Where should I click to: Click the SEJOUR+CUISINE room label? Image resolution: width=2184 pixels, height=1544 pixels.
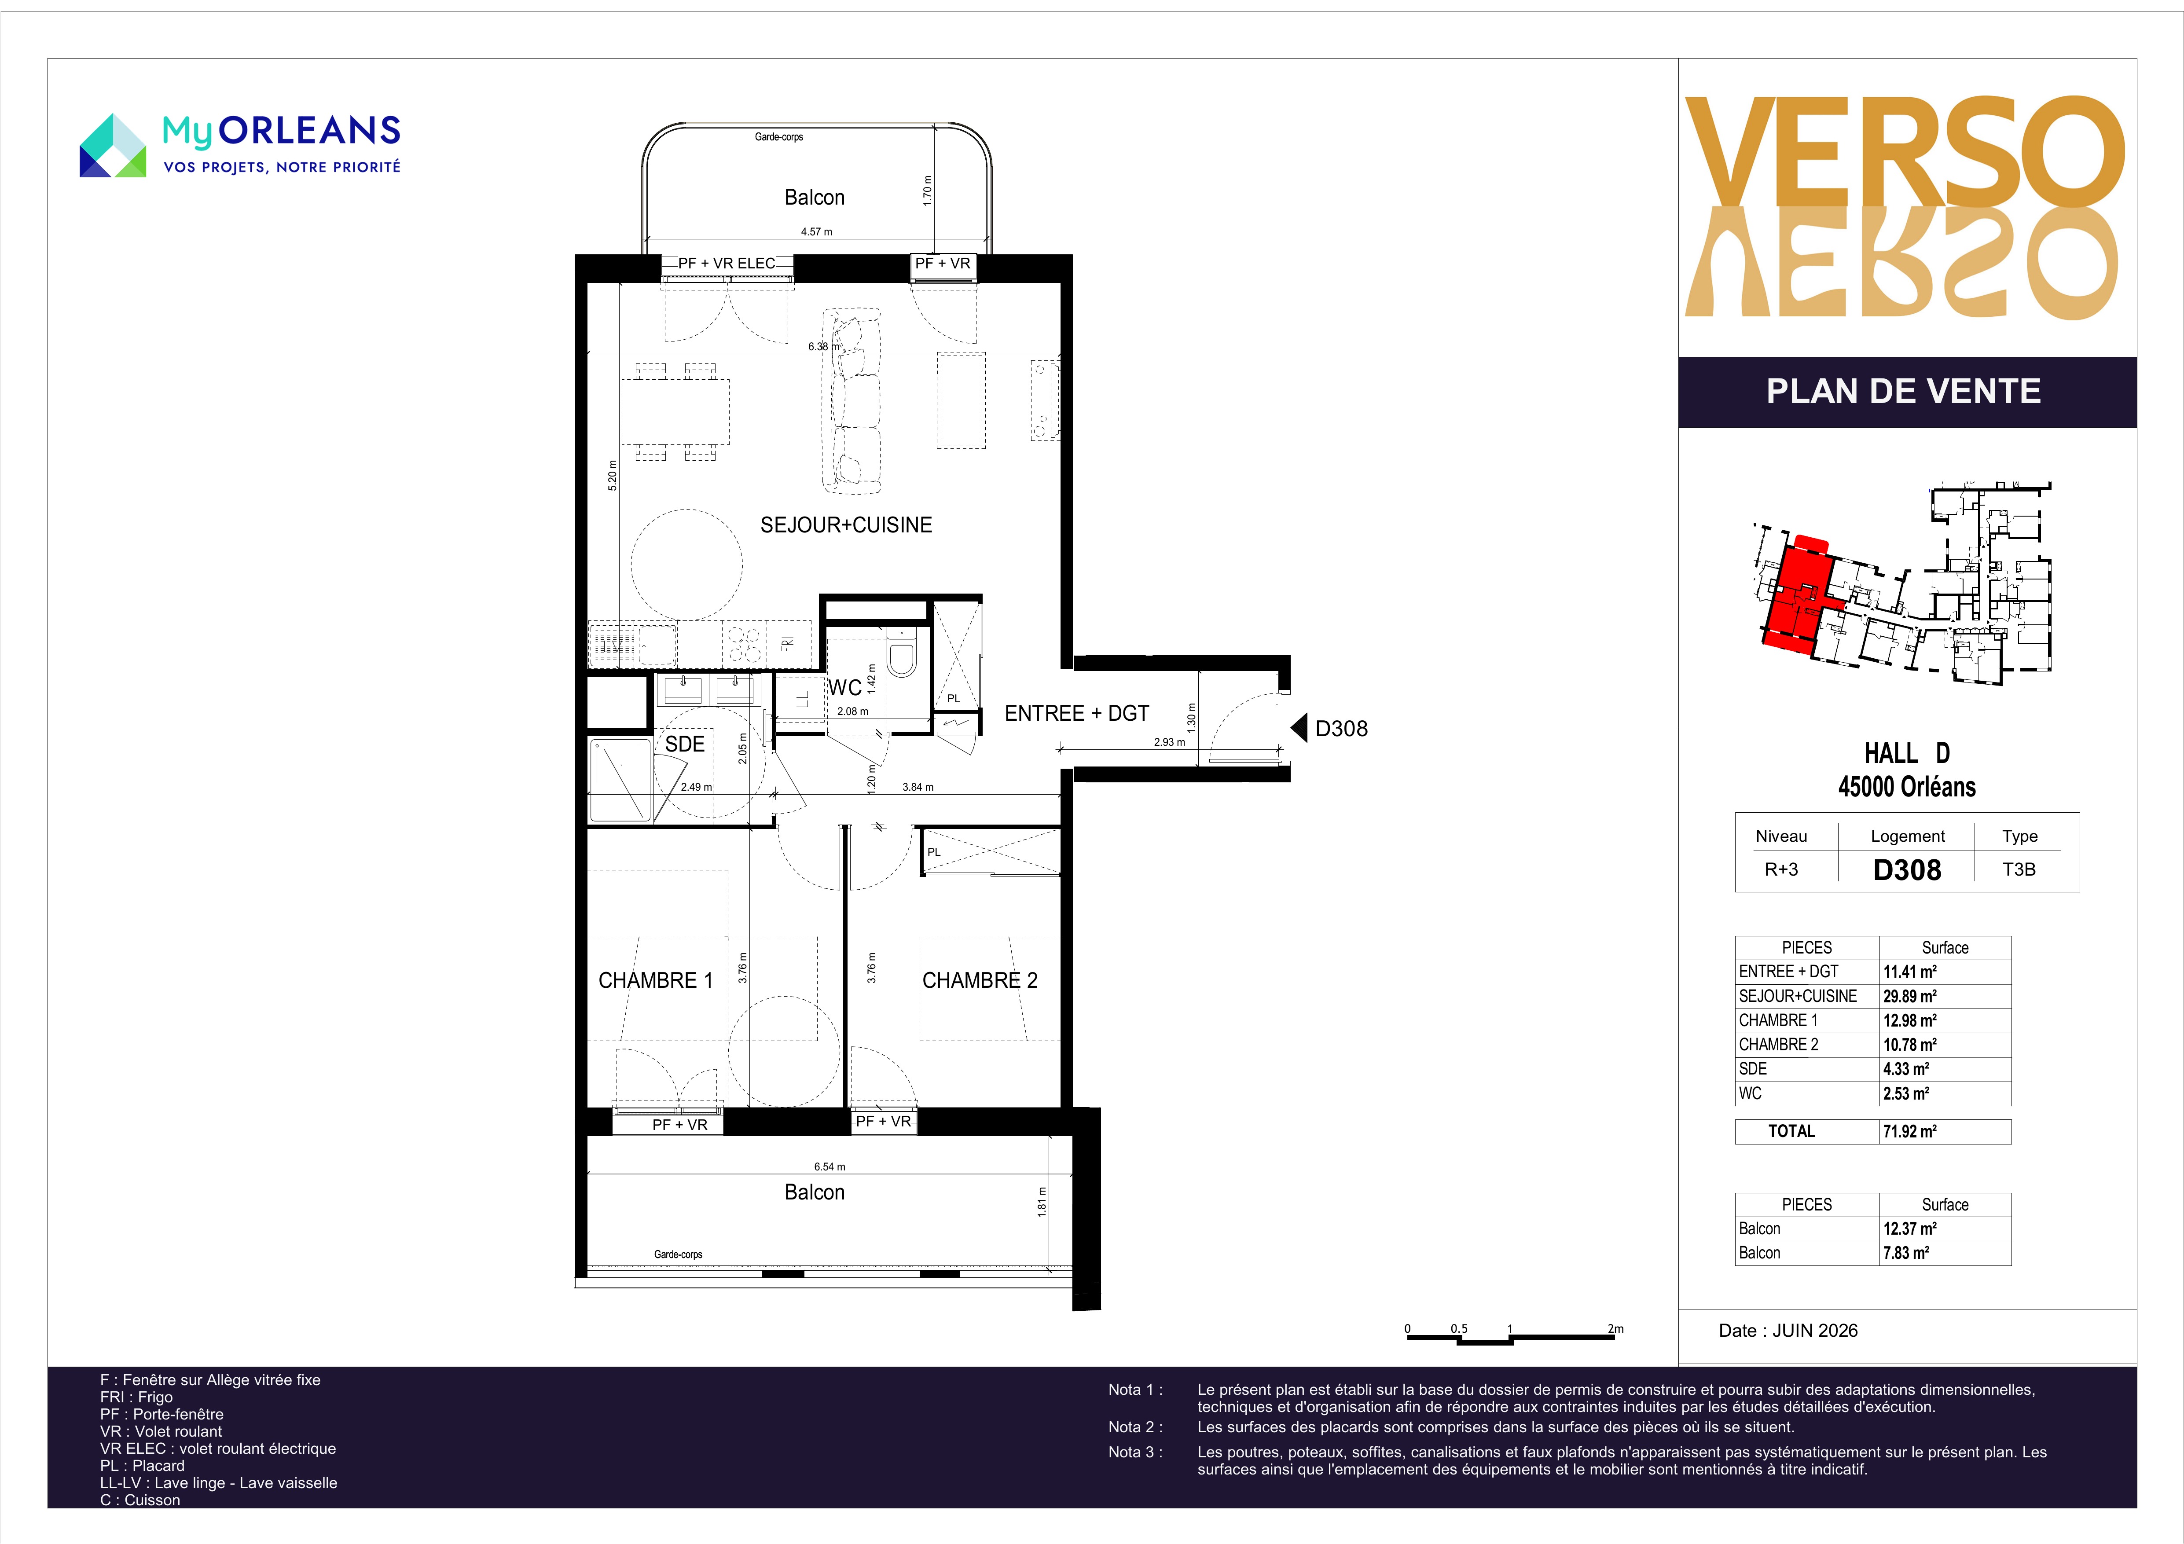(x=846, y=525)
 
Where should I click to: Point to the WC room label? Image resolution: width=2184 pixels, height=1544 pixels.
(x=844, y=688)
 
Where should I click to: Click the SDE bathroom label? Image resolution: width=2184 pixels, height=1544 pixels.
(x=685, y=744)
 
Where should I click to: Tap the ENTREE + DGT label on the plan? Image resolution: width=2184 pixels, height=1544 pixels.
(x=1077, y=714)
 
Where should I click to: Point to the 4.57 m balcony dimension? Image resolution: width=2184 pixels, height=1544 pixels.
(x=816, y=231)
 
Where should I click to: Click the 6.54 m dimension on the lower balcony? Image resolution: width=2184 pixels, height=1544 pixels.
(x=830, y=1166)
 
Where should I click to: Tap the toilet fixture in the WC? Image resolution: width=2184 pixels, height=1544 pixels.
(x=901, y=654)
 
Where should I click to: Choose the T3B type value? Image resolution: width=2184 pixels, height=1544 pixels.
(x=2019, y=869)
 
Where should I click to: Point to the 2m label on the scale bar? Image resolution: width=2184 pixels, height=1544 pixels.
(x=1615, y=1329)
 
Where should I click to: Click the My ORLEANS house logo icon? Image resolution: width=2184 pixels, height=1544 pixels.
(x=112, y=146)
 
